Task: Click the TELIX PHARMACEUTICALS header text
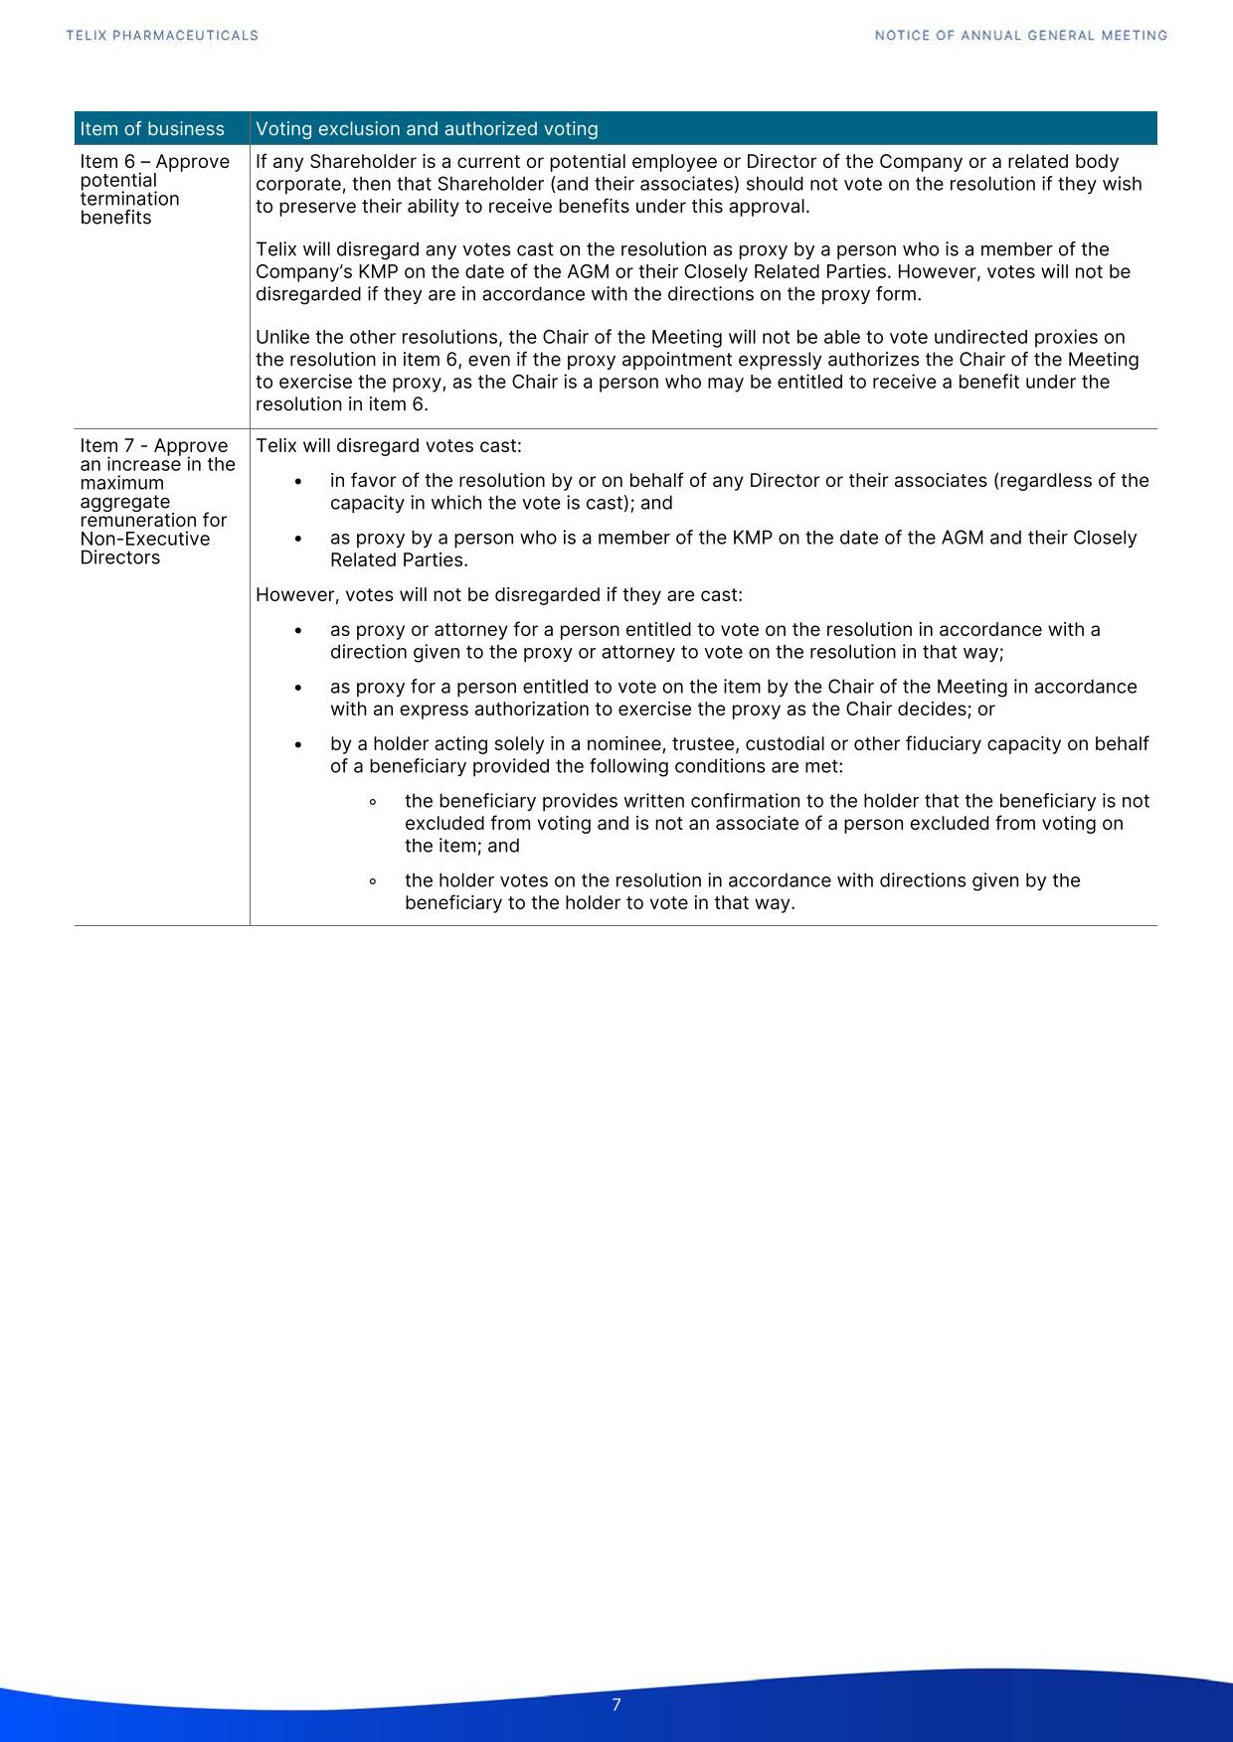[x=162, y=36]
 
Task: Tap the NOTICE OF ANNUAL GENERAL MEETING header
[x=1020, y=36]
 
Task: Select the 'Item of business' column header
[x=152, y=129]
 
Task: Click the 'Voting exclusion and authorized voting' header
[x=427, y=129]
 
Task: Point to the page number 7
[x=616, y=1705]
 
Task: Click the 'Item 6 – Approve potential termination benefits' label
[x=154, y=189]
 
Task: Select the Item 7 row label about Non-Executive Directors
[x=157, y=501]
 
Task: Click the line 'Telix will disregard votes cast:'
[x=388, y=446]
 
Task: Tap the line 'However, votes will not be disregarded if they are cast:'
[x=498, y=595]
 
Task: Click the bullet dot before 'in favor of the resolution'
[x=298, y=482]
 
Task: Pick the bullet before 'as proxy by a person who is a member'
[x=298, y=539]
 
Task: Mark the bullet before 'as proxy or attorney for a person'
[x=298, y=631]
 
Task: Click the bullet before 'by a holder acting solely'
[x=298, y=745]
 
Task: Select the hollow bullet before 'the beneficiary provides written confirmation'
[x=372, y=802]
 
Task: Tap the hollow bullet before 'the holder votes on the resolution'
[x=372, y=881]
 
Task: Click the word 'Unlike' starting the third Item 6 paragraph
[x=281, y=338]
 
